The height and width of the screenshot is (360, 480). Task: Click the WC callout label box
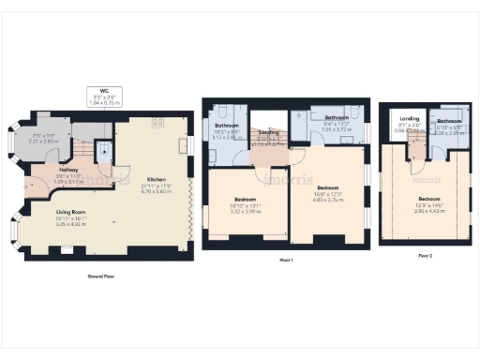coord(104,97)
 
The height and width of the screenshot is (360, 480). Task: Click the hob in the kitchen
coord(157,122)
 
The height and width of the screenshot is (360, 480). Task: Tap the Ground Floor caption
coord(102,277)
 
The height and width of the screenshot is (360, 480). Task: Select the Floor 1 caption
coord(286,259)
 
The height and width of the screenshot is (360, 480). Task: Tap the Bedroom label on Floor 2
coord(428,199)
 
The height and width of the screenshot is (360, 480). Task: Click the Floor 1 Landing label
coord(269,133)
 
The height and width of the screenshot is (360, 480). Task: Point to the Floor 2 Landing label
coord(409,118)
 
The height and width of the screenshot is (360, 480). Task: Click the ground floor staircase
coord(83,150)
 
